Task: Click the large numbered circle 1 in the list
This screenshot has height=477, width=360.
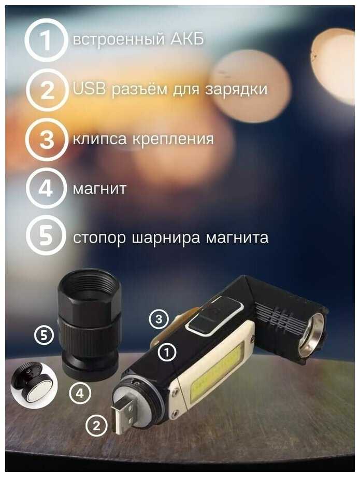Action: [46, 40]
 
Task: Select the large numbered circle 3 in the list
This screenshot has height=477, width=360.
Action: [47, 139]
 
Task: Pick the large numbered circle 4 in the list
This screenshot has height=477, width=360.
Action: [46, 188]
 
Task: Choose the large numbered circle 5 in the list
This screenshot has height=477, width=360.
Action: [46, 236]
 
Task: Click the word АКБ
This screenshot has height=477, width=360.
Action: [187, 39]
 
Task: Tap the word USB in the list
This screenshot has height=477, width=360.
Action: [89, 89]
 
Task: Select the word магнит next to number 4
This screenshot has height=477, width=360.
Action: [99, 189]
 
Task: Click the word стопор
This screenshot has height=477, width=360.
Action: [99, 238]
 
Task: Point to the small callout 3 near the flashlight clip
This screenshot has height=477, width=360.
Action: [159, 319]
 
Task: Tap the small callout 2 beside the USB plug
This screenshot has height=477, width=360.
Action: [97, 426]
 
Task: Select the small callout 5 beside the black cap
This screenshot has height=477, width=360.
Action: [45, 335]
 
